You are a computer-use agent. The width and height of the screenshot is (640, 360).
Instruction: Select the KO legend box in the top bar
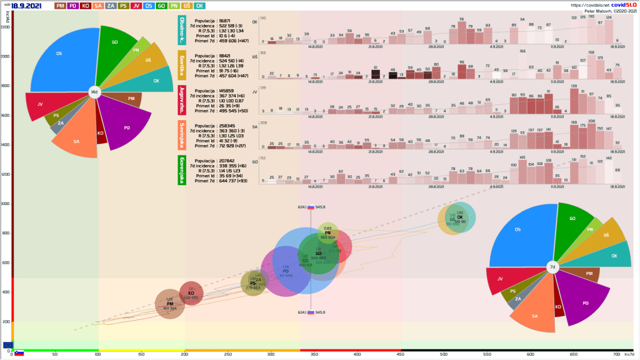point(86,6)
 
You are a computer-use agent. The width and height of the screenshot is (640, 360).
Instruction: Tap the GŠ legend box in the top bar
point(186,6)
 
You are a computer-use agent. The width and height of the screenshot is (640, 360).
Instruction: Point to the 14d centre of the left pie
point(94,92)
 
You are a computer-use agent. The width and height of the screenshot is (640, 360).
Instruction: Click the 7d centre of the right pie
point(552,267)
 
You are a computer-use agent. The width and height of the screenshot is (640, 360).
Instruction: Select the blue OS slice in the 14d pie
point(62,62)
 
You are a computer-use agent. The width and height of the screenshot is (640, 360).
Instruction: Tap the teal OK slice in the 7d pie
point(613,256)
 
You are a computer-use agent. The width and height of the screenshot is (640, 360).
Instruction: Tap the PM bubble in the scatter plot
point(169,304)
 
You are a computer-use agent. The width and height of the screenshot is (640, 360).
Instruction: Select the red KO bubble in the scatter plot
point(191,293)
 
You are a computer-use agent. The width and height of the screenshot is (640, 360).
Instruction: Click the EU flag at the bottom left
point(7,344)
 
